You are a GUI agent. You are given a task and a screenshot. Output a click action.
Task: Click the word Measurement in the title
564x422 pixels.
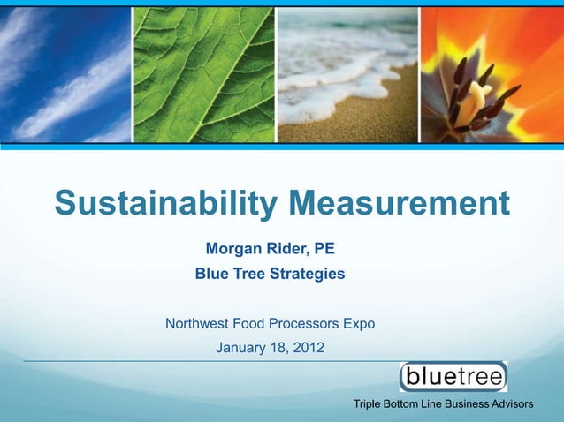click(398, 204)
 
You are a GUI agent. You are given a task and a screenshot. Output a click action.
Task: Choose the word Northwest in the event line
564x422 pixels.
click(202, 324)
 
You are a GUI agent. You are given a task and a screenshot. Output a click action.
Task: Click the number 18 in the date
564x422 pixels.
click(280, 348)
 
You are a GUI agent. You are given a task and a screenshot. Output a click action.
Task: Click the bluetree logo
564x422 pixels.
click(453, 377)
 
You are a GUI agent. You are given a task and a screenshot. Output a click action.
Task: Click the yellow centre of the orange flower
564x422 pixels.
click(478, 88)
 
